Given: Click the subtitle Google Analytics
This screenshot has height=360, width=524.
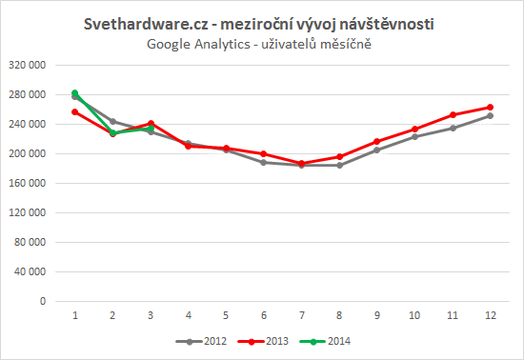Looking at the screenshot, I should coord(262,44).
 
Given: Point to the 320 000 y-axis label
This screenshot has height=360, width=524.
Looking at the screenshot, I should coord(32,65).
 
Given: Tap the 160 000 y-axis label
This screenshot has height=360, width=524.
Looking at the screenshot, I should coord(32,183).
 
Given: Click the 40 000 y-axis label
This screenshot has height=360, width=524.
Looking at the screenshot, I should coord(35,271).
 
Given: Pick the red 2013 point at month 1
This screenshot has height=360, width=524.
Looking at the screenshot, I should coord(74,111).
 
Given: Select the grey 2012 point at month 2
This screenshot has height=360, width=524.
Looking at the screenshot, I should coord(114,121).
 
